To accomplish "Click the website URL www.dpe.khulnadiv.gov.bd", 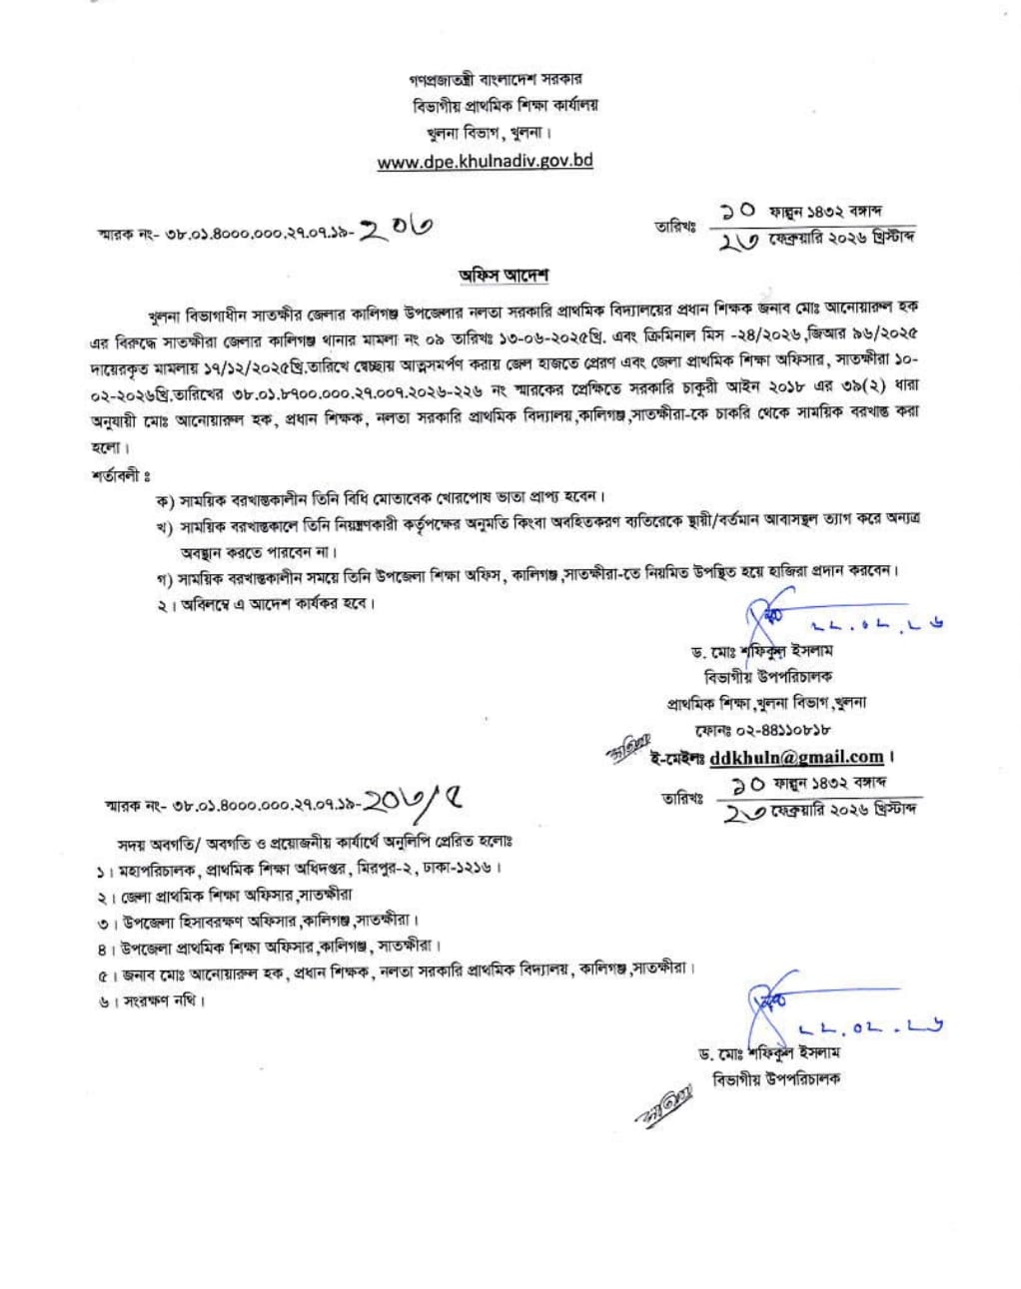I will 485,161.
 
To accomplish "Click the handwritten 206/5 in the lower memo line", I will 413,801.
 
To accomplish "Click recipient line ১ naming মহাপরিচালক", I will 300,868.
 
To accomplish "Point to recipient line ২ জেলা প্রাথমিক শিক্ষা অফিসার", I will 225,896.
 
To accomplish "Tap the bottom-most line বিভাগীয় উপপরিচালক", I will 776,1078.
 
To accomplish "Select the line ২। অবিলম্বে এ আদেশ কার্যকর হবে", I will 264,604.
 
